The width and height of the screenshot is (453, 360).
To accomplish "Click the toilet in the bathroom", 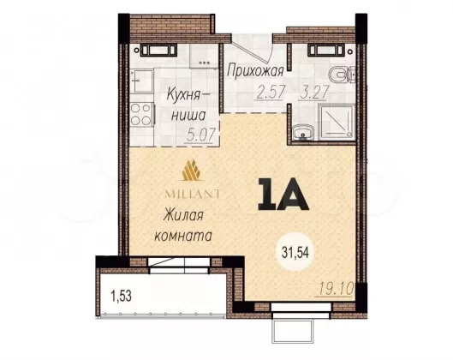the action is click(342, 74).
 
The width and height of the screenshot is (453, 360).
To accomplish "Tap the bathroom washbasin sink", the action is click(303, 134).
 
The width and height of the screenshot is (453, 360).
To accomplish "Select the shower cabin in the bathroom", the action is click(337, 122).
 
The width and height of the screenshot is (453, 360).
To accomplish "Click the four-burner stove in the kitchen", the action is click(141, 115).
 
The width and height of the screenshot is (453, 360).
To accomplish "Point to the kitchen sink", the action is click(141, 81).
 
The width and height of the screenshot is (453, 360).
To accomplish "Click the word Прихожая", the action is click(255, 71).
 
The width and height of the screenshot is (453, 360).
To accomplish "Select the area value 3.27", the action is click(314, 93).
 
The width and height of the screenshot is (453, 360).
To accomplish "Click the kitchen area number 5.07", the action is click(201, 135).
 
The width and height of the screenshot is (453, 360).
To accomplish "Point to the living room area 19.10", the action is click(337, 289).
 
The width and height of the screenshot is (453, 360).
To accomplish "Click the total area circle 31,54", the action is click(295, 252).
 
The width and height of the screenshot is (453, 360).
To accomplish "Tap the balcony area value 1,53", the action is click(122, 296).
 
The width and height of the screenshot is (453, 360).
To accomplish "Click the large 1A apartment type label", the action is click(283, 195).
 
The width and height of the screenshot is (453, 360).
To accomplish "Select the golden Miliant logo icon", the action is click(191, 170).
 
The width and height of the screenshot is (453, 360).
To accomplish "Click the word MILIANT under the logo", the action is click(192, 194).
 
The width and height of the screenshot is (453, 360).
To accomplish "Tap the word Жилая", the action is click(183, 216).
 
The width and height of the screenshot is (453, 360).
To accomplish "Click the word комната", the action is click(183, 236).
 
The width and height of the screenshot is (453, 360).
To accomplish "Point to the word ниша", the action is click(188, 116).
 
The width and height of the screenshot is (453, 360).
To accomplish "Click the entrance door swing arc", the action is click(268, 50).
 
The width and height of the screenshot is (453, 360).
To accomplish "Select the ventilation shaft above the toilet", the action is click(327, 50).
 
